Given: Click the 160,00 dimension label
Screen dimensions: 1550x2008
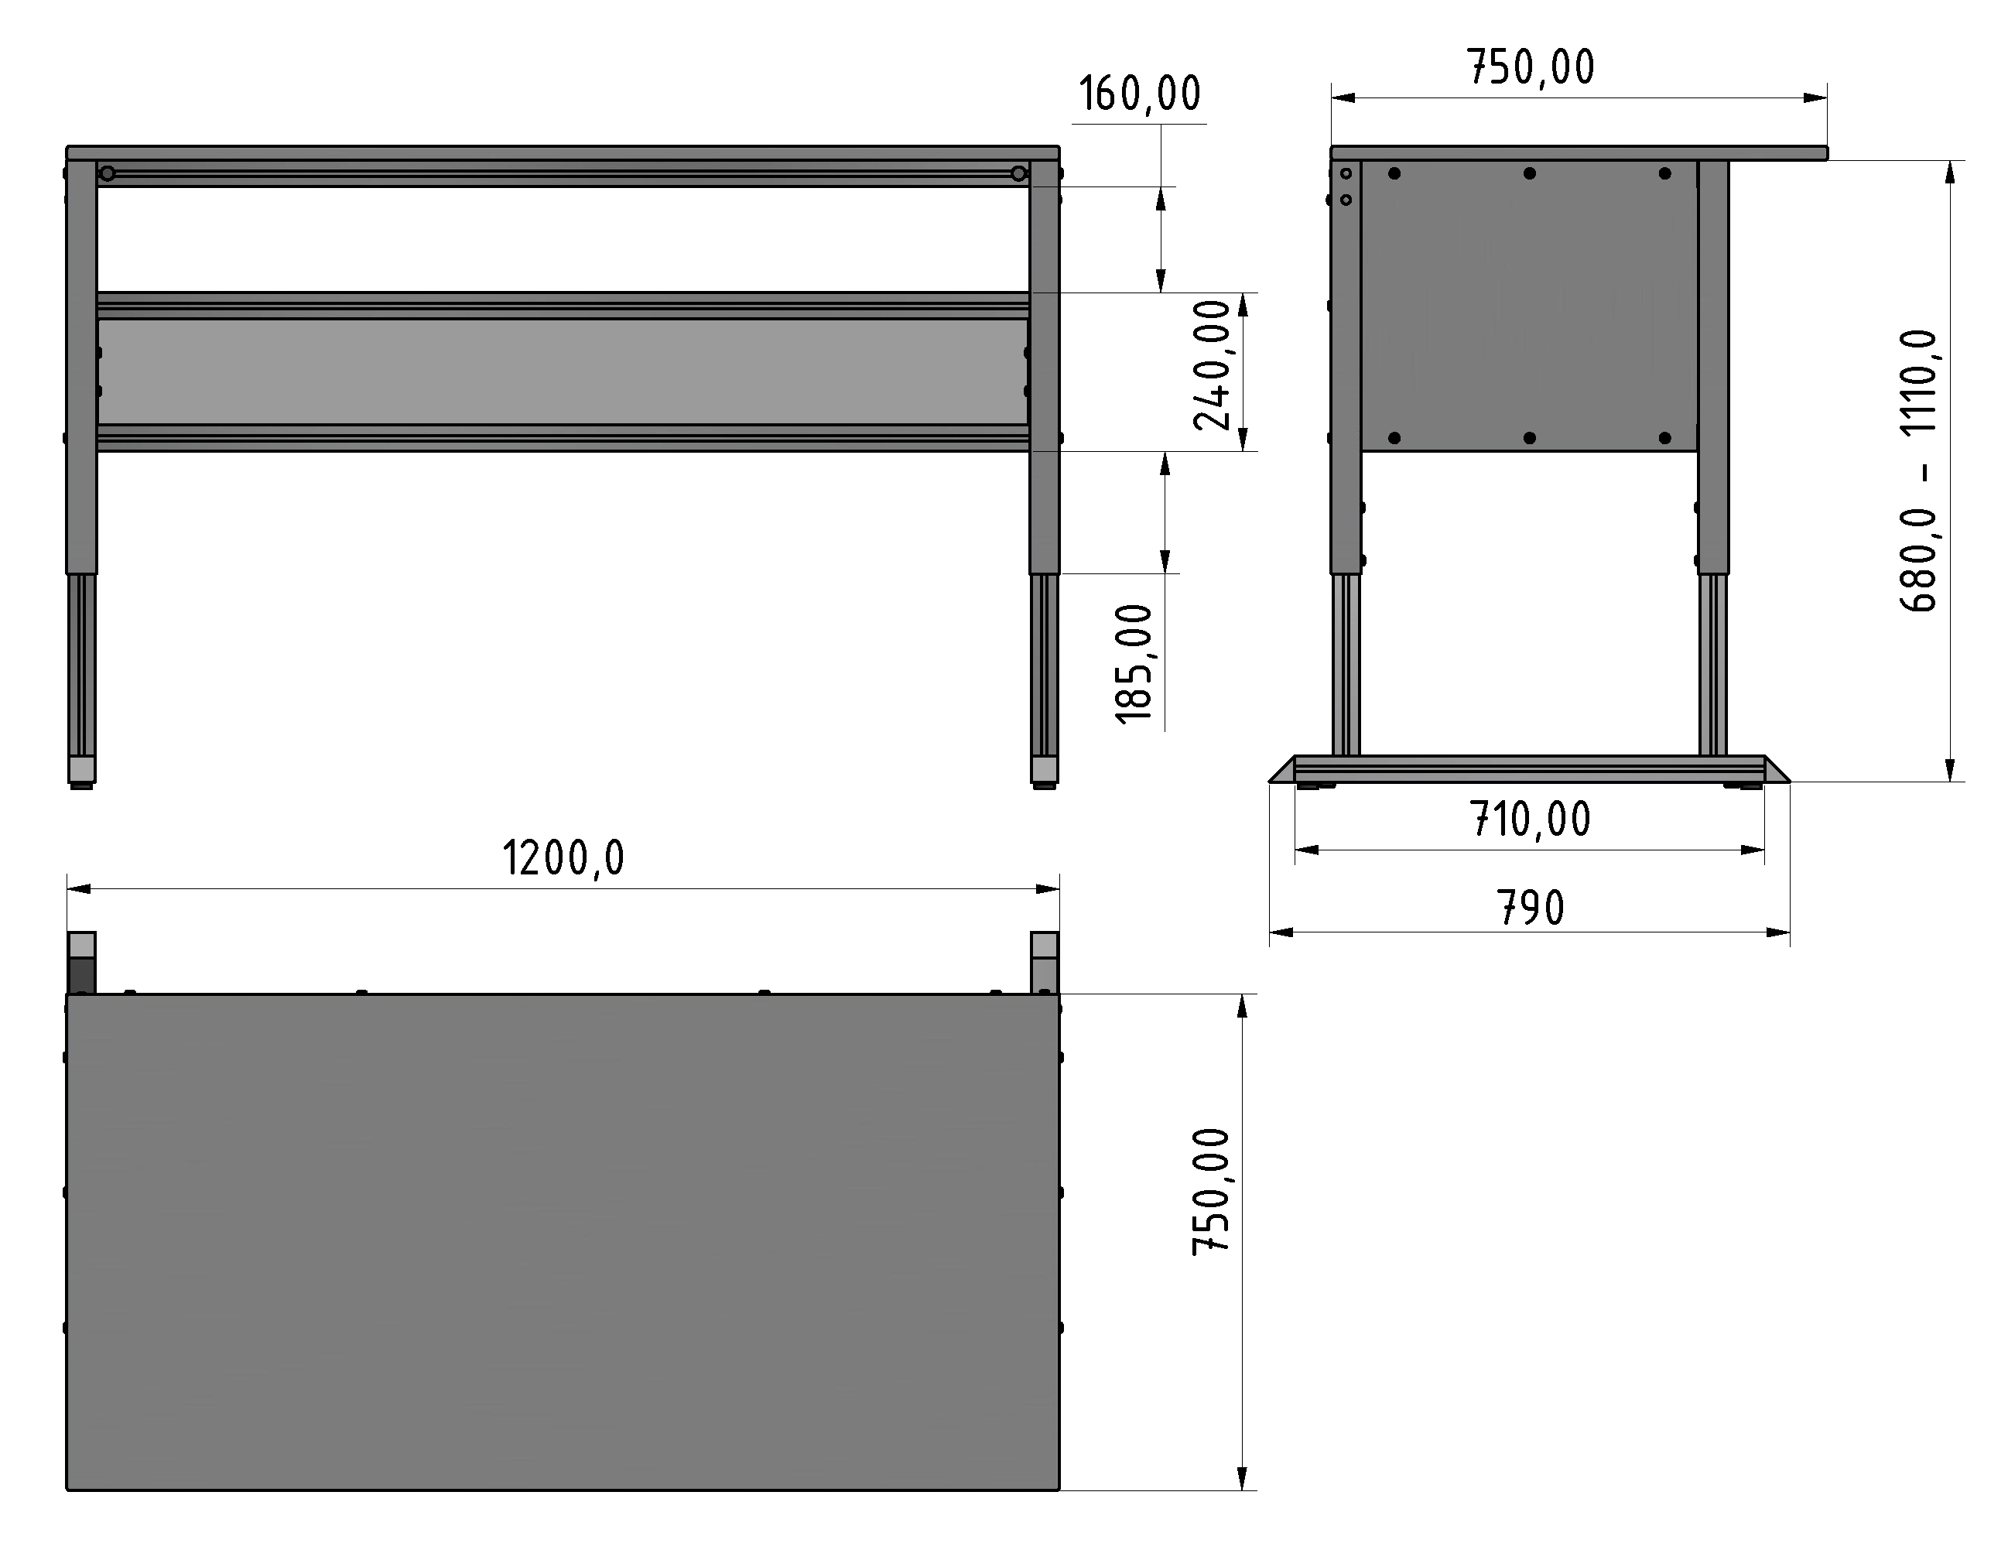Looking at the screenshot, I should click(1139, 94).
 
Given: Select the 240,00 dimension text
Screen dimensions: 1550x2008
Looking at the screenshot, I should click(1212, 365).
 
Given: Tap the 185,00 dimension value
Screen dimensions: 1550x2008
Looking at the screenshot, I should click(1134, 664).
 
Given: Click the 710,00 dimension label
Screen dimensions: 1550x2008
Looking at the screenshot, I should click(1530, 819).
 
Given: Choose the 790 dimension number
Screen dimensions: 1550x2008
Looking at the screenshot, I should click(1531, 908).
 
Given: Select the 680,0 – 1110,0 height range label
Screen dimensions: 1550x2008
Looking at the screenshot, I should click(1919, 470).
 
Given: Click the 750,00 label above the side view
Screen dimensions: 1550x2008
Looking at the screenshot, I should click(1531, 68).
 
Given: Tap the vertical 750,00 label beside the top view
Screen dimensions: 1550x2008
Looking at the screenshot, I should click(1211, 1192).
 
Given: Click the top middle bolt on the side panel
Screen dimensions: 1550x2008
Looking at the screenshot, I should click(1530, 173).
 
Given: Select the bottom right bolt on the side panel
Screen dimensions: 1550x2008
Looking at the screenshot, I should click(1664, 437).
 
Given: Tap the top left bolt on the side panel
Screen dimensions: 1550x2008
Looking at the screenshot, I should click(1394, 173).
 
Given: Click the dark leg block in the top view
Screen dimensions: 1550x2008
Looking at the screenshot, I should click(82, 974).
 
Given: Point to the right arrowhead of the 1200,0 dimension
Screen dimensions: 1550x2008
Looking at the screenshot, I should click(1048, 889).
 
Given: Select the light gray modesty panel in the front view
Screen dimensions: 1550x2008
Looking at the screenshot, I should click(563, 371).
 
